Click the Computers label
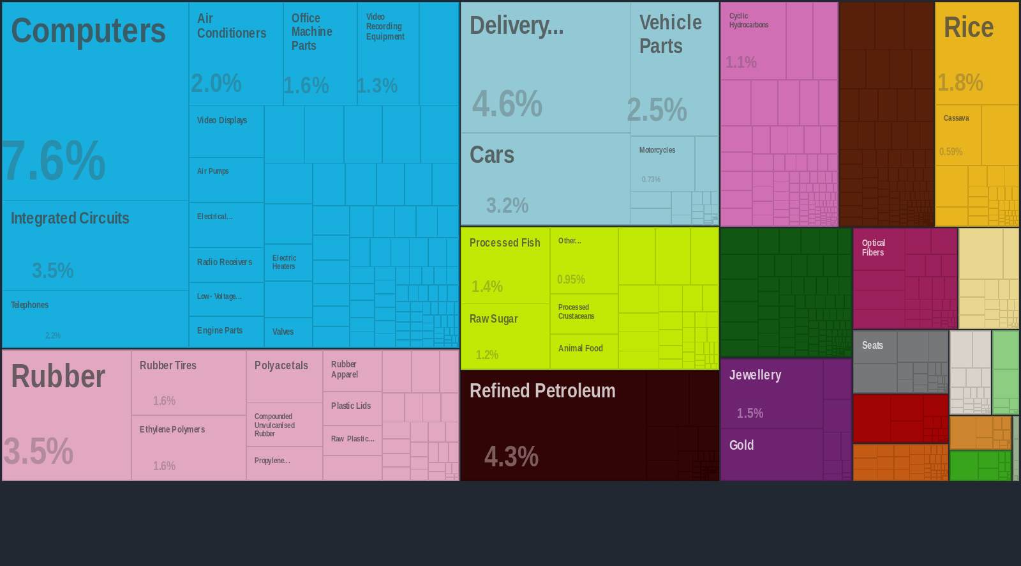pyautogui.click(x=88, y=31)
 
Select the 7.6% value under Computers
pyautogui.click(x=54, y=161)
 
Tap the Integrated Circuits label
pyautogui.click(x=70, y=218)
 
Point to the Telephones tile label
pyautogui.click(x=29, y=305)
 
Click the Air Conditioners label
pyautogui.click(x=232, y=26)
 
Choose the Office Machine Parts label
pyautogui.click(x=311, y=32)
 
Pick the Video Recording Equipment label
pyautogui.click(x=385, y=27)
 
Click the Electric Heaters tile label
pyautogui.click(x=284, y=262)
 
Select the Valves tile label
pyautogui.click(x=283, y=332)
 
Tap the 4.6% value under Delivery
pyautogui.click(x=507, y=103)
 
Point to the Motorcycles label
pyautogui.click(x=657, y=150)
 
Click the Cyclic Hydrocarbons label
pyautogui.click(x=749, y=20)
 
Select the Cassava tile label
pyautogui.click(x=956, y=118)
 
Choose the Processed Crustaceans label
pyautogui.click(x=576, y=312)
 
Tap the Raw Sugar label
pyautogui.click(x=493, y=319)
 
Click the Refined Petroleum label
pyautogui.click(x=542, y=391)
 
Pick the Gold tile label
pyautogui.click(x=742, y=445)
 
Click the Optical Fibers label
pyautogui.click(x=873, y=248)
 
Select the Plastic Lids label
pyautogui.click(x=351, y=406)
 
